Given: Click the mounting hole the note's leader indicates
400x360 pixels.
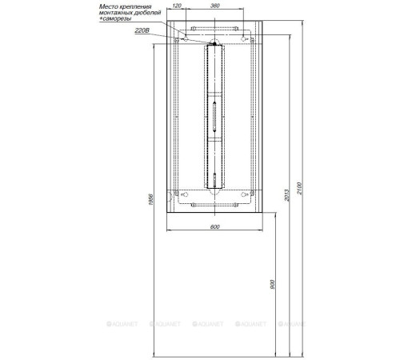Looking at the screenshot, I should (185, 38).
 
